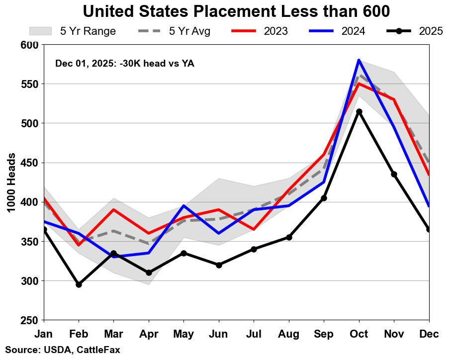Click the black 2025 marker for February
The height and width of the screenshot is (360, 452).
coord(79,284)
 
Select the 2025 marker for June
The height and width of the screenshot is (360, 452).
coord(219,265)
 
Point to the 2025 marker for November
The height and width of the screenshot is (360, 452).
coord(394,174)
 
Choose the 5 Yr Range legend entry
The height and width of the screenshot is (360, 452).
coord(73,31)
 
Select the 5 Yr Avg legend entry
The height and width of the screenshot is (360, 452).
coord(174,31)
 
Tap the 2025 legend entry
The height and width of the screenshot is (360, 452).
coord(415,31)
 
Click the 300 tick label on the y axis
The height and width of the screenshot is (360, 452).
coord(30,281)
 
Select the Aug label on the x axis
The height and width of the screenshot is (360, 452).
coord(289,334)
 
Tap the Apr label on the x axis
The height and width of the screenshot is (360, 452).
coord(149,334)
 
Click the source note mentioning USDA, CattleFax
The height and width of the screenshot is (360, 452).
coord(63,350)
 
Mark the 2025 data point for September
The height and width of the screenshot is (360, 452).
coord(324,198)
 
